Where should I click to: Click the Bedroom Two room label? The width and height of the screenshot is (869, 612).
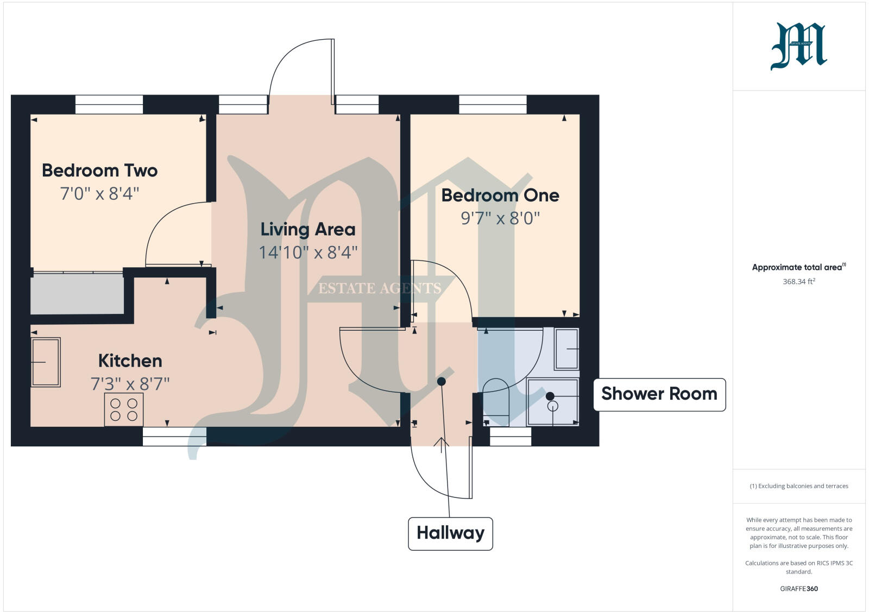99,171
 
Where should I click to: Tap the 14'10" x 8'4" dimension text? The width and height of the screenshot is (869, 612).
308,253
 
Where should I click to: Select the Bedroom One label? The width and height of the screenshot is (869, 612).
500,195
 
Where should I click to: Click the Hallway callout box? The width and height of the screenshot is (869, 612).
450,533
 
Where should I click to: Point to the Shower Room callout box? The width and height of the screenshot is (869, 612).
659,394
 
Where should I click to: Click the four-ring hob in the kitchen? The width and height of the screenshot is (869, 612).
124,409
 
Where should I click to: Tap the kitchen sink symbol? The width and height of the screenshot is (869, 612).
46,362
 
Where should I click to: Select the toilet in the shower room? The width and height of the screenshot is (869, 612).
495,402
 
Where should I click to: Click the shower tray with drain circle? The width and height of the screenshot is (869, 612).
552,402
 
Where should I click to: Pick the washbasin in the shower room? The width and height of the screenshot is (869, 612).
567,349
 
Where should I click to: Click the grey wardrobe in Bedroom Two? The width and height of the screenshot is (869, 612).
77,293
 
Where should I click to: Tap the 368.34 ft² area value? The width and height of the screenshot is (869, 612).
798,282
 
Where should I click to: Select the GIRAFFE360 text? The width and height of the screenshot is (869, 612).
798,589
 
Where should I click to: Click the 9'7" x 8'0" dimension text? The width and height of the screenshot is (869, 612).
500,218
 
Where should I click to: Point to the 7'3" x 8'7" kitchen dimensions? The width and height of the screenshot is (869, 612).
130,384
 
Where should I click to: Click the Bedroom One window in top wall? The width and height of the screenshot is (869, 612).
493,104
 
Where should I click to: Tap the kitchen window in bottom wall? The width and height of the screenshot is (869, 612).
174,437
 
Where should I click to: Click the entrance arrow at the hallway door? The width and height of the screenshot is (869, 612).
441,444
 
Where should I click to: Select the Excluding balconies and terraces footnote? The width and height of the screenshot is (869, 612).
798,486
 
